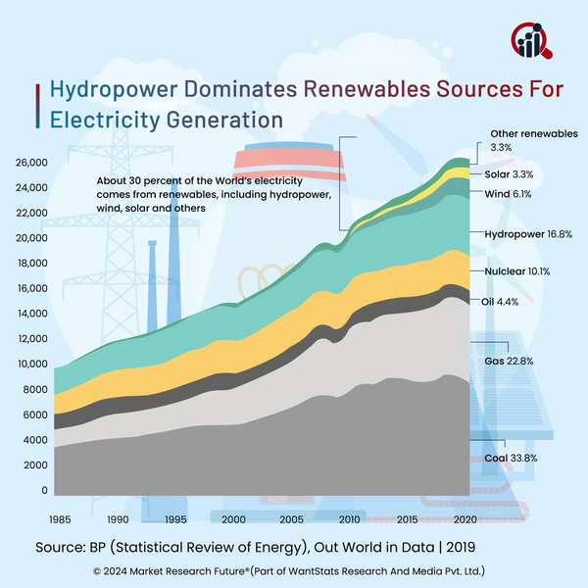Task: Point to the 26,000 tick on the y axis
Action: tap(31, 162)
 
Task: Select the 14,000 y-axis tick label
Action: tap(31, 314)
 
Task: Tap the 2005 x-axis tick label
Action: tap(292, 519)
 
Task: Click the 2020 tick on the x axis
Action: tap(465, 519)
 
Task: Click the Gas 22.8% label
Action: tap(511, 362)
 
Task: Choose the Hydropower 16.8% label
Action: tap(528, 235)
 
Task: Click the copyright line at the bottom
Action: tap(294, 569)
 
